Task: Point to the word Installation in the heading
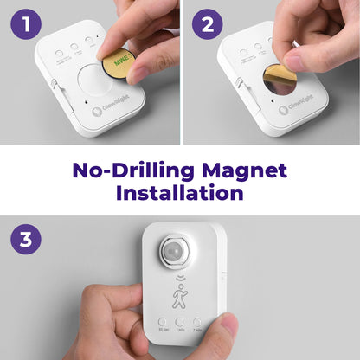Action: [180, 192]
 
